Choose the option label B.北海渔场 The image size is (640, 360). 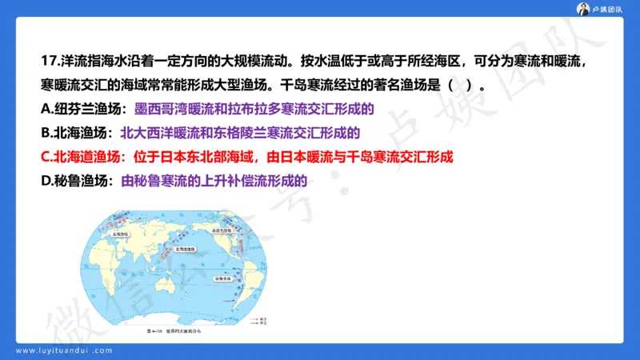pyautogui.click(x=76, y=133)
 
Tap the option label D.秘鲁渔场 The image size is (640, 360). pyautogui.click(x=76, y=181)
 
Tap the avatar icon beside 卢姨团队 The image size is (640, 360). pyautogui.click(x=586, y=9)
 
